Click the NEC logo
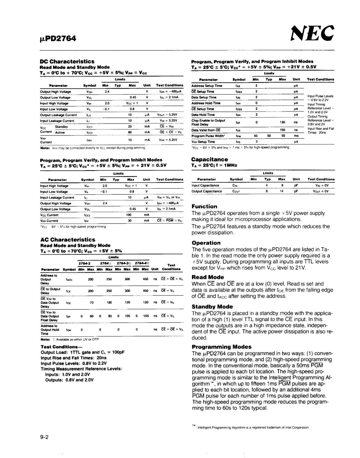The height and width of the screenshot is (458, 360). coord(312,33)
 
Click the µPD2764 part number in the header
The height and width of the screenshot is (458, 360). coord(58,38)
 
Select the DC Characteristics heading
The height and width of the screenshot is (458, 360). coord(67,61)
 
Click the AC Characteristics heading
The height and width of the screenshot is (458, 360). coord(68,240)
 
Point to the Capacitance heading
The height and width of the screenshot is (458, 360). coord(209,159)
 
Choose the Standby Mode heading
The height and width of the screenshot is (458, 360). coord(212,307)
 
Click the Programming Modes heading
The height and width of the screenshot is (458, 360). coord(221,347)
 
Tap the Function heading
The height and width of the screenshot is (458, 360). coord(204,206)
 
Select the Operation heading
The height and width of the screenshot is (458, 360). coord(206,243)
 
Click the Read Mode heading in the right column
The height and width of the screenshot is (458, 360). coord(208,277)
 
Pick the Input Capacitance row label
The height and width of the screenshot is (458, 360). coord(205,185)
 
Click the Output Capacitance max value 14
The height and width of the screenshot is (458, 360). coord(282,191)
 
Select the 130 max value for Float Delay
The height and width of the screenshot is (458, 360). coord(282,122)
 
